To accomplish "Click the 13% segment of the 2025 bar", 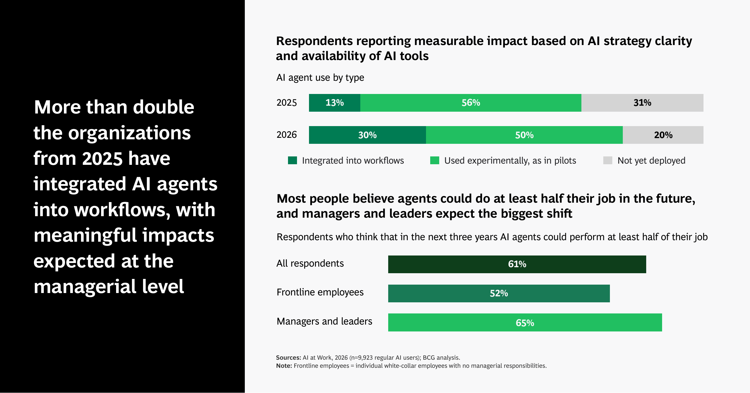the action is click(334, 103).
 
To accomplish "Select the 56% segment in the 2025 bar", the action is click(471, 103).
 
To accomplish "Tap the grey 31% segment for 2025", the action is click(642, 103).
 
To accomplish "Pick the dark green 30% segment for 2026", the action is click(367, 135).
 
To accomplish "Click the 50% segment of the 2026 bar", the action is click(524, 135).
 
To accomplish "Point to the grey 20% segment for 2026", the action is click(663, 135).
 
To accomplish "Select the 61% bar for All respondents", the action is click(517, 264).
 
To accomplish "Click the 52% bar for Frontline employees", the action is click(499, 293).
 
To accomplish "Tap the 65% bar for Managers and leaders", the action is click(525, 322).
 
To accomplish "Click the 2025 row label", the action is click(286, 103).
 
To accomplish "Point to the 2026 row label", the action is click(286, 135).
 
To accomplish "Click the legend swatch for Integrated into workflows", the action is click(292, 160).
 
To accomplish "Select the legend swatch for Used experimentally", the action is click(435, 160).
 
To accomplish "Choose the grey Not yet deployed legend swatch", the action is click(608, 160).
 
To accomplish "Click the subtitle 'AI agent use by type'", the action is click(320, 78).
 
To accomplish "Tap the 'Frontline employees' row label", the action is click(320, 292).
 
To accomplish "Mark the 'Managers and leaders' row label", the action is click(324, 321).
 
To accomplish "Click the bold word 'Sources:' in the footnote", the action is click(288, 358).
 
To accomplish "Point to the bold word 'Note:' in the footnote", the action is click(284, 366).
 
